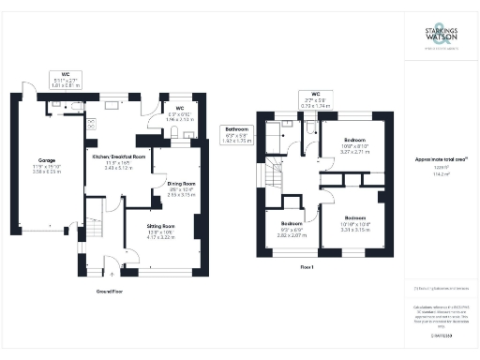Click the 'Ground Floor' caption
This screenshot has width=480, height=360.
112,292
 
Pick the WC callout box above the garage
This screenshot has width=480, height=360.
66,80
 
